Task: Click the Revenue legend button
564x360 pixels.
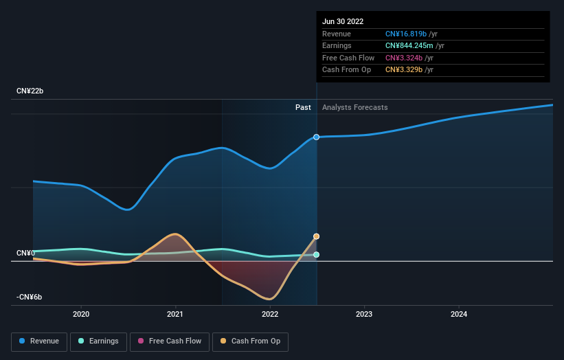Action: (40, 341)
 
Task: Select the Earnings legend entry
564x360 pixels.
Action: (98, 341)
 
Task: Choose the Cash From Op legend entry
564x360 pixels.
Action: (251, 341)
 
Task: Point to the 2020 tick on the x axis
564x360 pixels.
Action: (81, 315)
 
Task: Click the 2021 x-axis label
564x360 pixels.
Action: (175, 315)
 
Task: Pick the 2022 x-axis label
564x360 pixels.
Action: (270, 315)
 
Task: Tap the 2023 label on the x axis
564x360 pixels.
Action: (364, 315)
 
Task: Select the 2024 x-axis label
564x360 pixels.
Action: (459, 315)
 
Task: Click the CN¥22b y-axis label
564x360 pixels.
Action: (31, 91)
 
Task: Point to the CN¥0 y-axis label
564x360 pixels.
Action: (26, 254)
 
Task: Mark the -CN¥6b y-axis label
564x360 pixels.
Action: (30, 297)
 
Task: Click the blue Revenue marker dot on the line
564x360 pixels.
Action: (317, 137)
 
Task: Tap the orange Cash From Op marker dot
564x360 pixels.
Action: (317, 236)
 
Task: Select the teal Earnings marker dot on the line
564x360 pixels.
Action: (317, 255)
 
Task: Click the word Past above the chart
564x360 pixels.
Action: (303, 107)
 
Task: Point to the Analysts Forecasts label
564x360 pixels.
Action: (354, 107)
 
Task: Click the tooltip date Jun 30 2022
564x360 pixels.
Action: (343, 21)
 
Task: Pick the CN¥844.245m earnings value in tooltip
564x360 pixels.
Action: (410, 46)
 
